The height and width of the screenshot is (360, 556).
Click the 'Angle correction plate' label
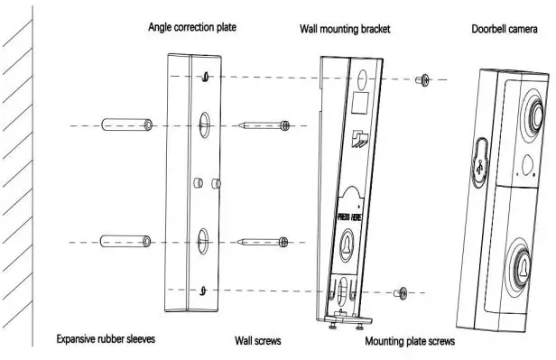[x=192, y=27]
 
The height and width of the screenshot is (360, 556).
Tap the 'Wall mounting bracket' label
[x=345, y=29]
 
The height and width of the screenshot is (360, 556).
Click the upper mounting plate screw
[x=422, y=81]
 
